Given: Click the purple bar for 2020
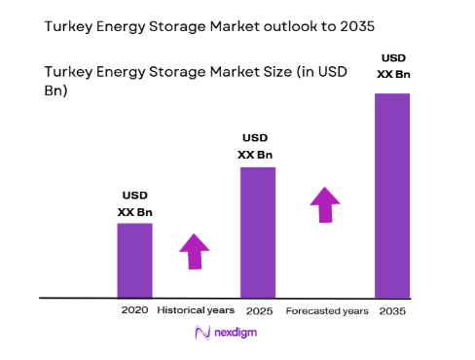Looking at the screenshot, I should click(134, 260).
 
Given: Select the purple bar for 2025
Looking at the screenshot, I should click(258, 232).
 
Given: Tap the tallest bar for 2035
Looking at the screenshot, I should click(392, 195).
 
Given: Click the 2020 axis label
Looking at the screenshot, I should click(134, 310).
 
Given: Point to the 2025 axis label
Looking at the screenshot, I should click(258, 310).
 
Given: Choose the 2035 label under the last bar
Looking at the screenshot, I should click(392, 311).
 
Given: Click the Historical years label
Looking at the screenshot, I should click(196, 310).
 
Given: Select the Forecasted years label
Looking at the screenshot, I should click(327, 311).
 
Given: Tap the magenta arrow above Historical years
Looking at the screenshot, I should click(195, 251).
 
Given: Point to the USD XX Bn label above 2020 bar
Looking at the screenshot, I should click(134, 202).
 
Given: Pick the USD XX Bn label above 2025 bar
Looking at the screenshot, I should click(258, 145).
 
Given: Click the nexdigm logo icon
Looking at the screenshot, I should click(203, 333).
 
